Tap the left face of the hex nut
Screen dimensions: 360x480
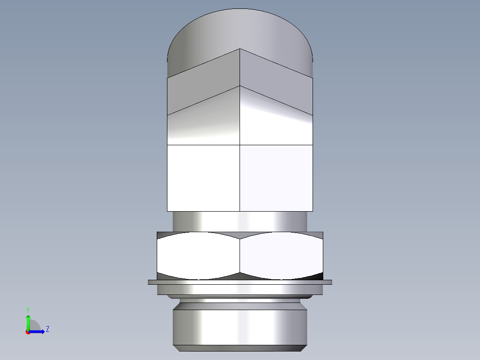pyautogui.click(x=198, y=256)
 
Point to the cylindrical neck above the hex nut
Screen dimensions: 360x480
pyautogui.click(x=240, y=221)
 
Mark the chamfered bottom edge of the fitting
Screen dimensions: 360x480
pyautogui.click(x=240, y=348)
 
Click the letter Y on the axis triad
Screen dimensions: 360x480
pyautogui.click(x=28, y=309)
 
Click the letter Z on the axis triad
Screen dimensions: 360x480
pyautogui.click(x=47, y=329)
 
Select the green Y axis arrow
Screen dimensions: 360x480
pyautogui.click(x=28, y=322)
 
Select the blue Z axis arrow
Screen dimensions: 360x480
pyautogui.click(x=37, y=331)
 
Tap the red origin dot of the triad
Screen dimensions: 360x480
pyautogui.click(x=28, y=332)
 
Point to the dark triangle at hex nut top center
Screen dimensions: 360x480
pyautogui.click(x=240, y=235)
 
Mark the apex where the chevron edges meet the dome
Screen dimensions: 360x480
pyautogui.click(x=240, y=49)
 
